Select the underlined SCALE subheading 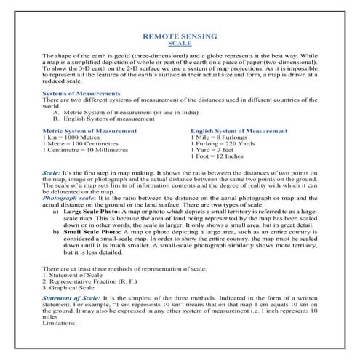tap(179, 43)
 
